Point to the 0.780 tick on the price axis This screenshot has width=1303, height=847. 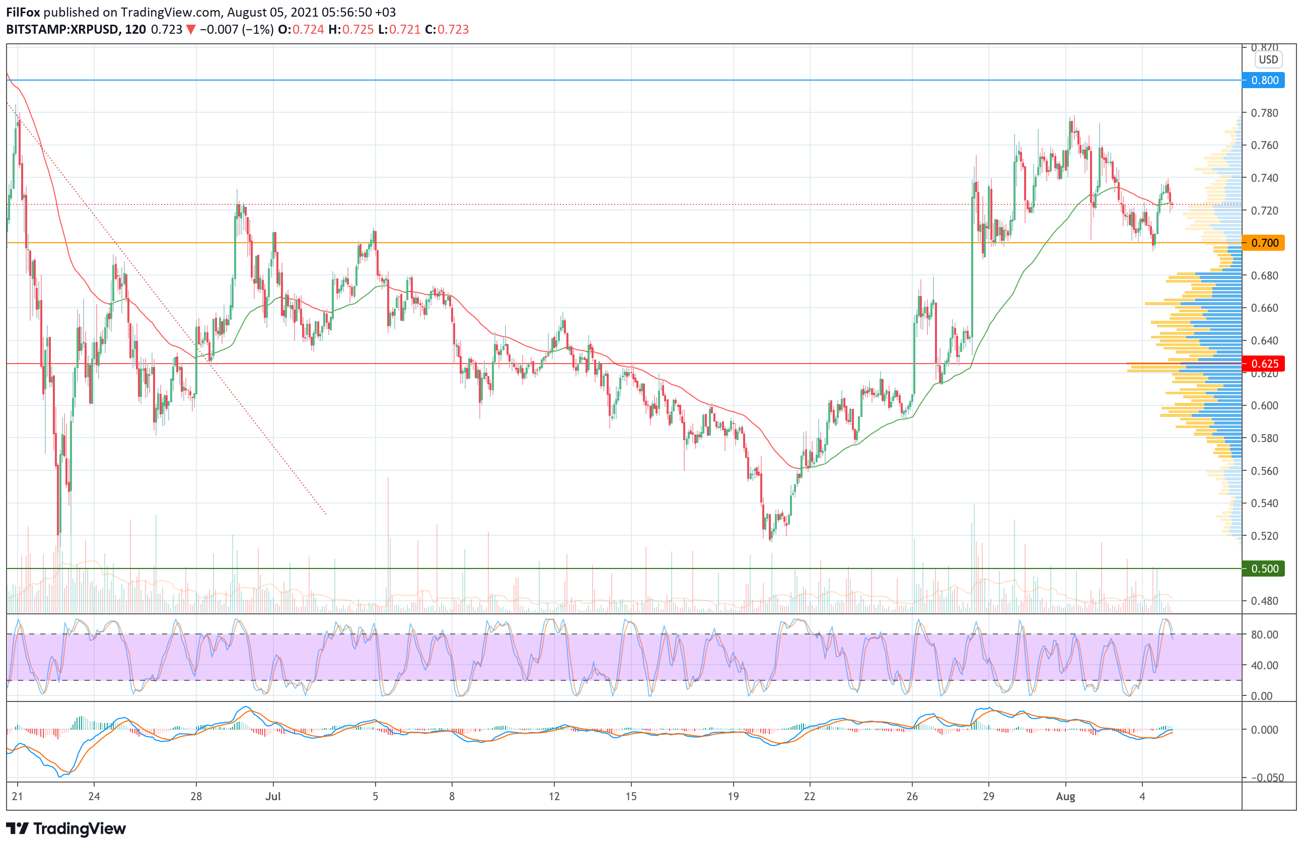pyautogui.click(x=1265, y=113)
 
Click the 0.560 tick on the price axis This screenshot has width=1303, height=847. pyautogui.click(x=1265, y=471)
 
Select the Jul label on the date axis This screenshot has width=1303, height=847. pyautogui.click(x=273, y=796)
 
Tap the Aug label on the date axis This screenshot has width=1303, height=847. pyautogui.click(x=1065, y=796)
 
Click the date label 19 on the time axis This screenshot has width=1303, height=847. pyautogui.click(x=733, y=796)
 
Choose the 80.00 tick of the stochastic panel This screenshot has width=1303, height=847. pyautogui.click(x=1265, y=634)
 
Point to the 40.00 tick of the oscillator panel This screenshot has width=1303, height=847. pyautogui.click(x=1265, y=665)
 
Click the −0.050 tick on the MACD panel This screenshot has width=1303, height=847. pyautogui.click(x=1265, y=778)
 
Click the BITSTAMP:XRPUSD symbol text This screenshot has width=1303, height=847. pyautogui.click(x=62, y=30)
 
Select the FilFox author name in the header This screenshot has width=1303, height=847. pyautogui.click(x=23, y=12)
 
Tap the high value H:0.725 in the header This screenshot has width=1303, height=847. pyautogui.click(x=351, y=30)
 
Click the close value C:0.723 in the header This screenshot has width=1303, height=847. pyautogui.click(x=447, y=30)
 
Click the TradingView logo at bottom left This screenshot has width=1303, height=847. pyautogui.click(x=65, y=828)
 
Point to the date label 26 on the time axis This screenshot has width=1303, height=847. pyautogui.click(x=912, y=796)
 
